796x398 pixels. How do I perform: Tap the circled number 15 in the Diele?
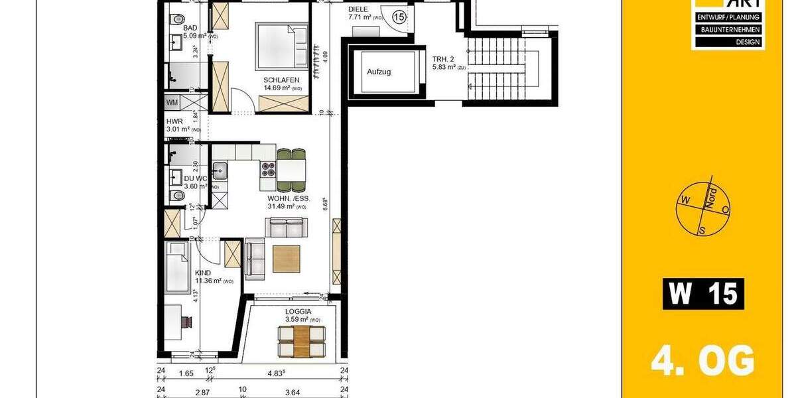(399, 17)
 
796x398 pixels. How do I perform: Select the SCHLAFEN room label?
(282, 80)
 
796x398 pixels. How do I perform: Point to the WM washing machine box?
(172, 102)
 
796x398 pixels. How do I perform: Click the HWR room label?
(174, 122)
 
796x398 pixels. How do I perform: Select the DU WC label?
(196, 178)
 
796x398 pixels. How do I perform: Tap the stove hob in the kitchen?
(269, 169)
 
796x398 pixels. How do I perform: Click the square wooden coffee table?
(286, 259)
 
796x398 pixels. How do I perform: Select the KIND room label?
(203, 273)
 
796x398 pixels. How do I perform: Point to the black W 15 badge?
(703, 294)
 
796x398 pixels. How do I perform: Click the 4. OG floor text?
(702, 362)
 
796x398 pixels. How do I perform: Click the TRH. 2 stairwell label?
(443, 58)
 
